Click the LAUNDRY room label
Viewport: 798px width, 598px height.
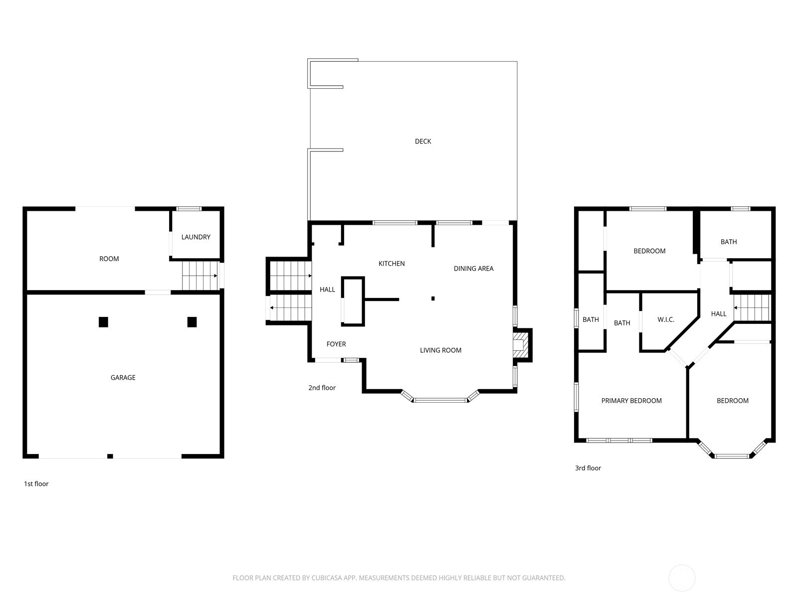pyautogui.click(x=196, y=237)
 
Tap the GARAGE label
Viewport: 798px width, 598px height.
pyautogui.click(x=123, y=378)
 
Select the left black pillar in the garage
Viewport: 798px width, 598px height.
pyautogui.click(x=103, y=322)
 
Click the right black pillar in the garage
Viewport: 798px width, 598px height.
pyautogui.click(x=192, y=322)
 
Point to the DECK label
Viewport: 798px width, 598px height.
pyautogui.click(x=423, y=142)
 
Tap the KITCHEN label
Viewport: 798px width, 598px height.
pyautogui.click(x=392, y=264)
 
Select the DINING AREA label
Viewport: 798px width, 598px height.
pyautogui.click(x=473, y=269)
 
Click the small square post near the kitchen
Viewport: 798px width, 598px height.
pyautogui.click(x=433, y=299)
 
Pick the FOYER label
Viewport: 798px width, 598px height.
pyautogui.click(x=336, y=344)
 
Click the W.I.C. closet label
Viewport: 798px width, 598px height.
pyautogui.click(x=666, y=319)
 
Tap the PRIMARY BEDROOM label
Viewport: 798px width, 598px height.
pyautogui.click(x=631, y=401)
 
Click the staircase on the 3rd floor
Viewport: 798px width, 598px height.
pyautogui.click(x=752, y=307)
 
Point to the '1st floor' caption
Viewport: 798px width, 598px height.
pyautogui.click(x=36, y=484)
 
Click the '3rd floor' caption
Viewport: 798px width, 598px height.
pyautogui.click(x=588, y=468)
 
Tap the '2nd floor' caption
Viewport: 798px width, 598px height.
pyautogui.click(x=322, y=388)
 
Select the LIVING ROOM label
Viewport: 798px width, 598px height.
pyautogui.click(x=440, y=350)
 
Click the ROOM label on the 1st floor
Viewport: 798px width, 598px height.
pyautogui.click(x=109, y=259)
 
